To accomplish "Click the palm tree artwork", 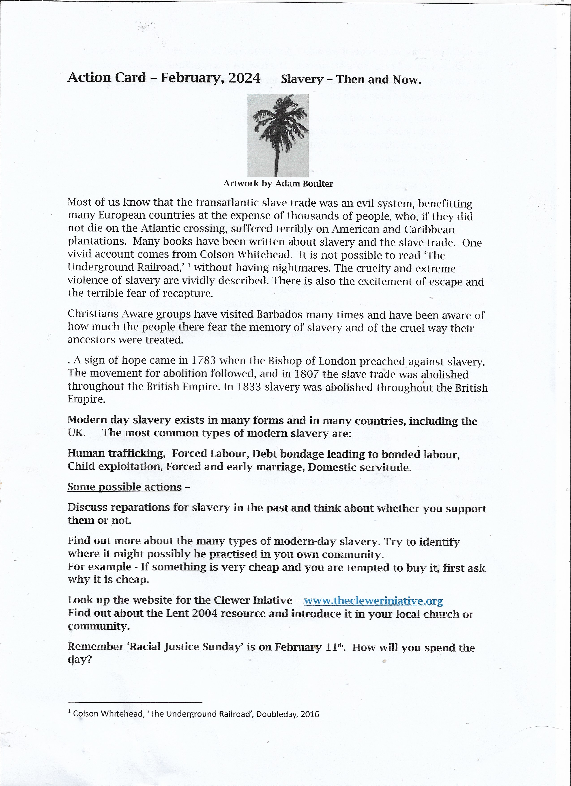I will pos(278,135).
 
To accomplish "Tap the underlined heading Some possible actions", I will pos(124,487).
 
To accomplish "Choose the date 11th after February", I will pos(335,647).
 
